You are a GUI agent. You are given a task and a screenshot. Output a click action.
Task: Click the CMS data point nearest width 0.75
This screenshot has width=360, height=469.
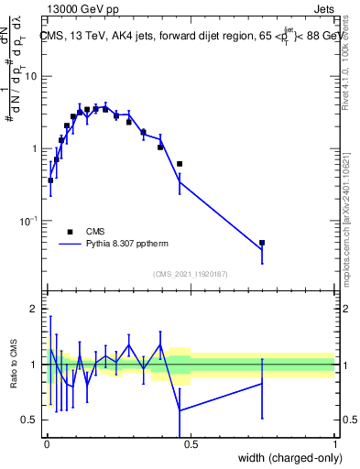coord(262,243)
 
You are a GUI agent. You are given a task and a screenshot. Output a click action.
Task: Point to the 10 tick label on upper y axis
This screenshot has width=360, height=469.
coord(32,76)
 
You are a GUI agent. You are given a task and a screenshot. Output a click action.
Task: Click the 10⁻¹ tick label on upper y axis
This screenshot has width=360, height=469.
coord(29,221)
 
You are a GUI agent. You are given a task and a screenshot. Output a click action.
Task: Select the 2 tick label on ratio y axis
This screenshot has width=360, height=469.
coord(34,310)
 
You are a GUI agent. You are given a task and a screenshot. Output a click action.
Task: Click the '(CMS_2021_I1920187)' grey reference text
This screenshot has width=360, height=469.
coord(191,273)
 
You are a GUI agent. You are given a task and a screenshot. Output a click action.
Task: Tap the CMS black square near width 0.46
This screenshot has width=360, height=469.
coord(180,164)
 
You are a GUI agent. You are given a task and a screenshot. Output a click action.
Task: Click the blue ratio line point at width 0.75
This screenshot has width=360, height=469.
coord(262,383)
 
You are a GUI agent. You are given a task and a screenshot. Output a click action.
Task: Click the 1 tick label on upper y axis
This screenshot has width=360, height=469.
coord(34,148)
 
